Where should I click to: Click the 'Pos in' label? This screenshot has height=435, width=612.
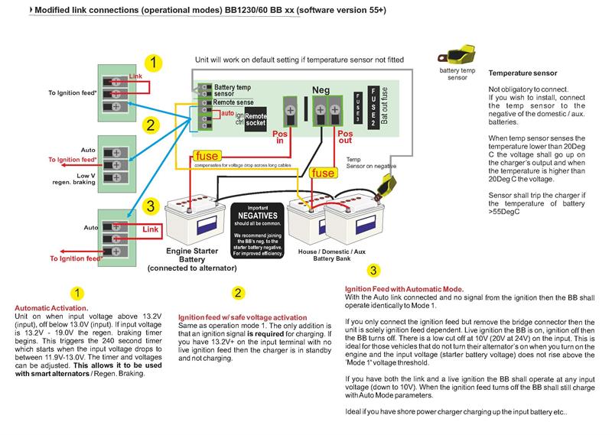[x=282, y=136]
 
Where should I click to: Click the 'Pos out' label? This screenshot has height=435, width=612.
[x=347, y=136]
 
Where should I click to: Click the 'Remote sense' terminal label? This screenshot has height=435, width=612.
[x=235, y=101]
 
